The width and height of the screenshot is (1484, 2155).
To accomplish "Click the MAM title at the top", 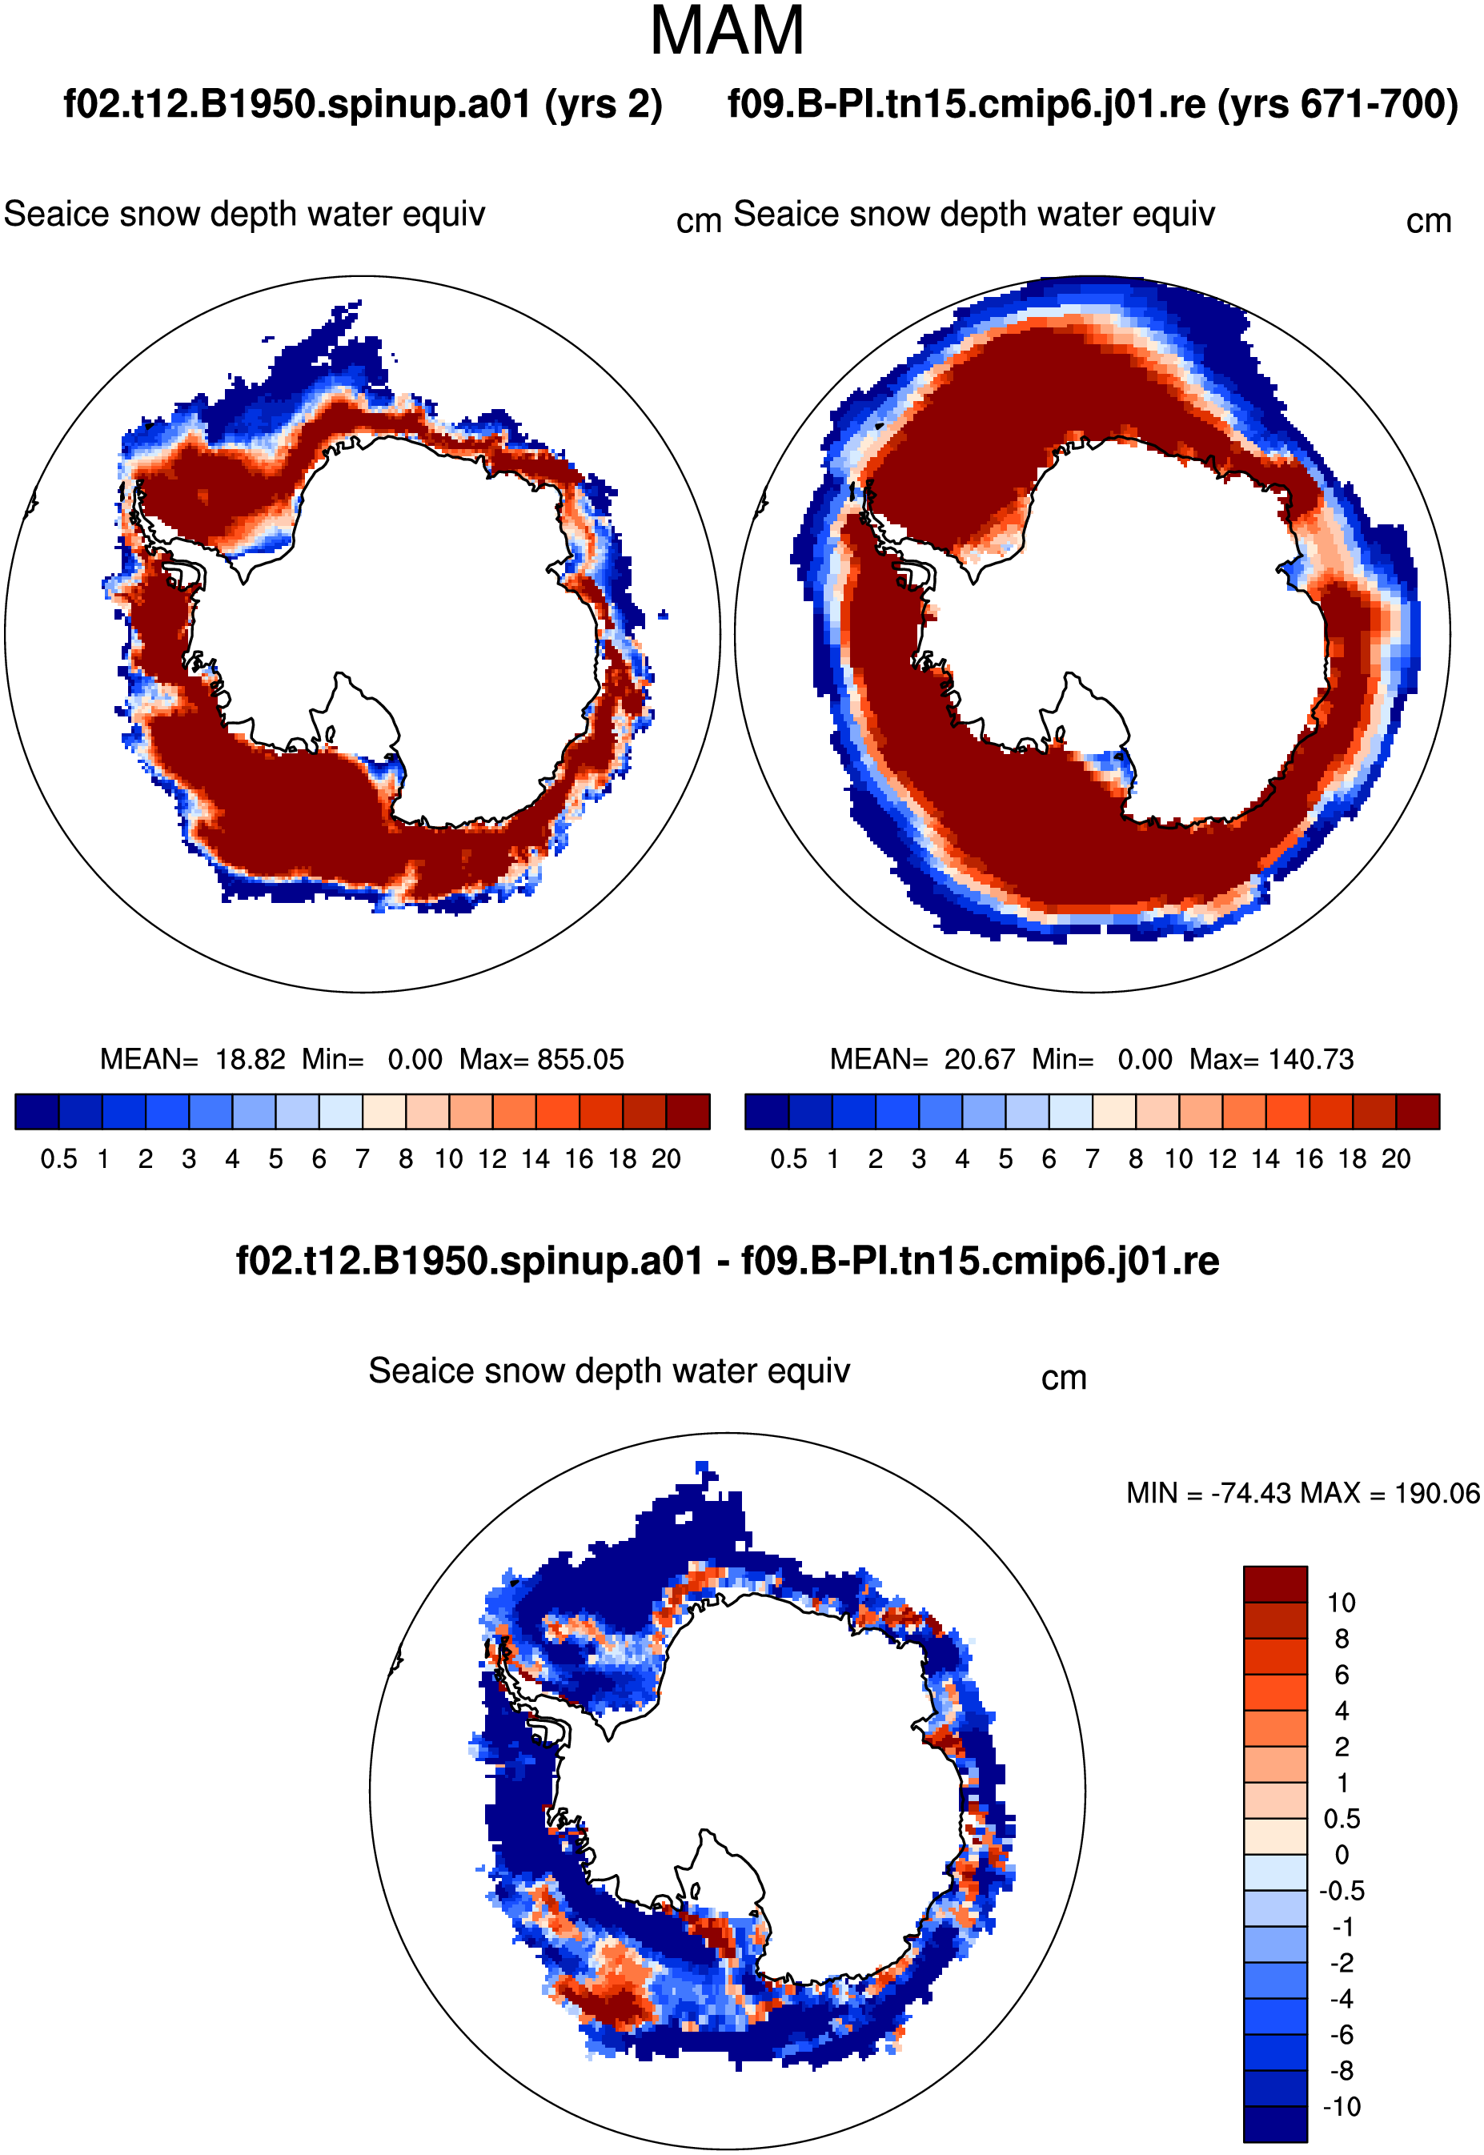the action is click(727, 31).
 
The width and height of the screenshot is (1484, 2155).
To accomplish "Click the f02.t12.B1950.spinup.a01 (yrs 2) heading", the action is click(363, 104).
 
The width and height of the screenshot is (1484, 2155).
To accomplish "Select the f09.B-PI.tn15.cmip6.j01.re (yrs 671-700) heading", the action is click(1093, 104).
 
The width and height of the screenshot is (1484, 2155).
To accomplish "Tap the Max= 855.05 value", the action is click(541, 1059).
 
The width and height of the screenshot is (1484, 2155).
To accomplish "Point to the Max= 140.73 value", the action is click(1271, 1059).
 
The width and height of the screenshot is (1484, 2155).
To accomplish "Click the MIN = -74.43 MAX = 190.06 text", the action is click(1302, 1493).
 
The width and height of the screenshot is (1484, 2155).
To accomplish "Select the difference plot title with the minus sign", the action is click(727, 1262).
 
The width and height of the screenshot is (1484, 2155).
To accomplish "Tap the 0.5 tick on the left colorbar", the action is click(58, 1159).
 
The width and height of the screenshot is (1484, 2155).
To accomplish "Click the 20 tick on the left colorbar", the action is click(666, 1159).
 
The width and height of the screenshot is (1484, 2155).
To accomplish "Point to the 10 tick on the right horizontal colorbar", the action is click(1179, 1159).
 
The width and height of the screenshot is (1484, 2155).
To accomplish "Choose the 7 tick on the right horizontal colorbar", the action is click(1093, 1159).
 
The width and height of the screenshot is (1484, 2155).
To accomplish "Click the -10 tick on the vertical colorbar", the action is click(1342, 2107).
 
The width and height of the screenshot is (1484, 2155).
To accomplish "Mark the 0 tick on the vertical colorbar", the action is click(1342, 1855).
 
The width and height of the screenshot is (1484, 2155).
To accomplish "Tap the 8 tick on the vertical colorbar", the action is click(1342, 1638).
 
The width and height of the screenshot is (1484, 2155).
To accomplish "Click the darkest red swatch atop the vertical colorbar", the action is click(1276, 1584).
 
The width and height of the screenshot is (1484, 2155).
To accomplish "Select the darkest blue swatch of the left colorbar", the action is click(37, 1111).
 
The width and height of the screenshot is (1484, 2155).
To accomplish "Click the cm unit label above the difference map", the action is click(1064, 1378).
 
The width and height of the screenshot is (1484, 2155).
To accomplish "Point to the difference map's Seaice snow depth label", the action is click(609, 1372).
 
